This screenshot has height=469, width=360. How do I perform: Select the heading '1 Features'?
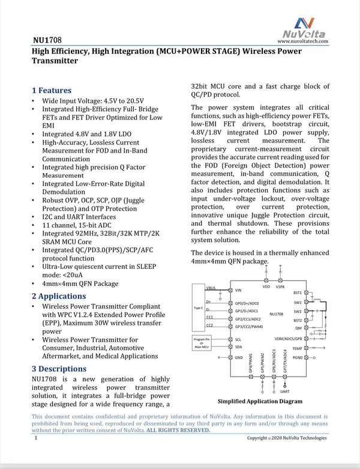coord(52,91)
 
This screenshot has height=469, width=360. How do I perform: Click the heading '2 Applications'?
coord(59,296)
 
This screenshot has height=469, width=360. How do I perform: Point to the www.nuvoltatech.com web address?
coord(302,41)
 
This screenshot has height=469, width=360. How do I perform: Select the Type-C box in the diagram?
coord(199,307)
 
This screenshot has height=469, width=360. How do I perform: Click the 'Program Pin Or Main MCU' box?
coord(200,343)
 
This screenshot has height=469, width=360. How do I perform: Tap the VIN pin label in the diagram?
coord(238,290)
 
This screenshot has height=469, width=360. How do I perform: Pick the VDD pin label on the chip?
coord(266,287)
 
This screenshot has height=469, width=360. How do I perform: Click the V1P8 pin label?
coord(280,287)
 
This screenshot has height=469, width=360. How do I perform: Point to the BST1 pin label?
coord(298,292)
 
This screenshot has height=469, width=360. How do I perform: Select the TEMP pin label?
coord(297,348)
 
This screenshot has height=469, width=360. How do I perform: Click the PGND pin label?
coord(298,357)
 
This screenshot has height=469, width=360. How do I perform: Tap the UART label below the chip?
coord(286,391)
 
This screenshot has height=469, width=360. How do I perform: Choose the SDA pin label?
coord(238,347)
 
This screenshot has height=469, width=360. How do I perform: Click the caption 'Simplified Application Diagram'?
coord(260,401)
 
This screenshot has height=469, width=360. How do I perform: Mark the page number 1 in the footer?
coord(37,438)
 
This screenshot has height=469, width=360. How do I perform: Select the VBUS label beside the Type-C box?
coord(210,288)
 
